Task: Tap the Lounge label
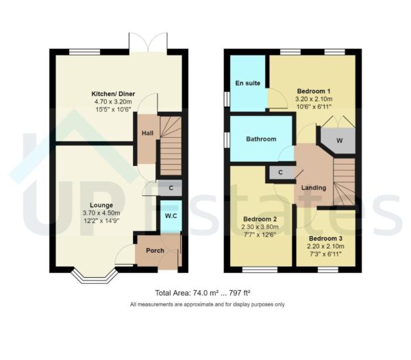(x=101, y=205)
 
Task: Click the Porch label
(x=155, y=250)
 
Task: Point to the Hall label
(x=147, y=134)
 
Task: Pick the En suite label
(x=247, y=84)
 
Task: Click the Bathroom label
(x=261, y=139)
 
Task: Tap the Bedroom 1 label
(x=314, y=91)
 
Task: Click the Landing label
(x=314, y=187)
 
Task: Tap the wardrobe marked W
(x=339, y=140)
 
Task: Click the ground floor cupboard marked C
(x=170, y=186)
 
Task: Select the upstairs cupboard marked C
(x=281, y=172)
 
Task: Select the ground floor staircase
(x=171, y=145)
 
